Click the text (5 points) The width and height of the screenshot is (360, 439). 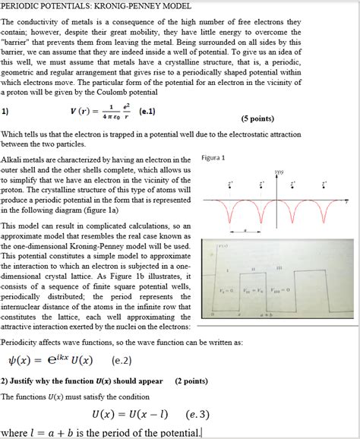pyautogui.click(x=257, y=119)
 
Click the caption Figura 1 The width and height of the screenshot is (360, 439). pyautogui.click(x=214, y=158)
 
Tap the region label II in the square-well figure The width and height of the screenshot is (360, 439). pyautogui.click(x=252, y=267)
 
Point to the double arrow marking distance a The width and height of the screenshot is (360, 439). pyautogui.click(x=245, y=228)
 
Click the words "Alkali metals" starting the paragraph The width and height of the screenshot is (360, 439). pyautogui.click(x=23, y=160)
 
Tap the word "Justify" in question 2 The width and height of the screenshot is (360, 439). pyautogui.click(x=27, y=381)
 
